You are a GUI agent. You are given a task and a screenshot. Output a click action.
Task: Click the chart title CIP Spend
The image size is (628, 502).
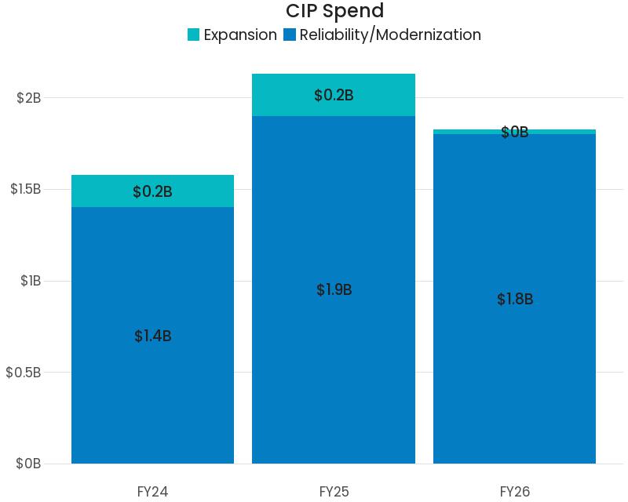point(334,11)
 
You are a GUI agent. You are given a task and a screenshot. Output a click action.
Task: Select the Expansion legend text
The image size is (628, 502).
point(239,35)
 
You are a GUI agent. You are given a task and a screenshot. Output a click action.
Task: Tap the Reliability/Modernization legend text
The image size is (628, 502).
point(389,35)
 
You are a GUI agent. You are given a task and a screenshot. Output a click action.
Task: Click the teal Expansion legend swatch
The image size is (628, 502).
point(194,35)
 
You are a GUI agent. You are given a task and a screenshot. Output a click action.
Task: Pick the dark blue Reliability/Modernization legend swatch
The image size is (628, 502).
point(290,35)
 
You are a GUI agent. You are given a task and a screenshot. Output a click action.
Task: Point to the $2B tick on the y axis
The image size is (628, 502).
point(28,98)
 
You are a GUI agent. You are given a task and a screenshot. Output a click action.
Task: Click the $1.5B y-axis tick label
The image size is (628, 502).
point(25,189)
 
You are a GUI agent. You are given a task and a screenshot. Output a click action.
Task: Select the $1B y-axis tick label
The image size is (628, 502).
point(31,281)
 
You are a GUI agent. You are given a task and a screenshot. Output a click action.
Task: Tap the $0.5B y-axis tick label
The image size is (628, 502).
point(24,372)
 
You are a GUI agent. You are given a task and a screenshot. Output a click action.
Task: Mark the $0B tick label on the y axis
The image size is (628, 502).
point(28,464)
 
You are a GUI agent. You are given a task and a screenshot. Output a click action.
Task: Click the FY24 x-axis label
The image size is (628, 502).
point(152,492)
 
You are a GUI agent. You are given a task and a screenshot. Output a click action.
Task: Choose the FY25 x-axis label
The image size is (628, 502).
point(334,492)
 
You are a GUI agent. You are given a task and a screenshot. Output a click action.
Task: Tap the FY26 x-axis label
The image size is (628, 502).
point(515,492)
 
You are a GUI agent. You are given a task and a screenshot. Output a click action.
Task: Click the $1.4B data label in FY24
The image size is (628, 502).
point(152,336)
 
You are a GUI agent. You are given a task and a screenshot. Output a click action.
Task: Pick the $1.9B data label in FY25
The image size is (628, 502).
point(334,290)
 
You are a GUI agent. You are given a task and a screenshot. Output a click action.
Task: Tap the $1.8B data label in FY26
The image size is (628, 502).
point(515,299)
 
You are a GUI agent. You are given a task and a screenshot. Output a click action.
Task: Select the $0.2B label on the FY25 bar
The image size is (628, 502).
point(334,96)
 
